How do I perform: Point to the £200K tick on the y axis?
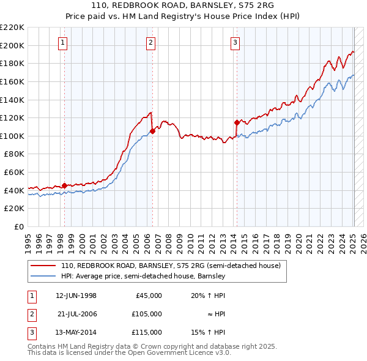click(x=12, y=45)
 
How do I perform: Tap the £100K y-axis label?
click(x=12, y=136)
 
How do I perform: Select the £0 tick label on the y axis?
click(x=18, y=226)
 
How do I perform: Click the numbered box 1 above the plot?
click(x=64, y=42)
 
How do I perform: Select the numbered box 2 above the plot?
click(x=150, y=42)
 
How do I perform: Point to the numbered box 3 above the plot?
click(x=235, y=42)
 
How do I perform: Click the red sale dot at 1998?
click(x=64, y=185)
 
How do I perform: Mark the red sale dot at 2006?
click(x=152, y=131)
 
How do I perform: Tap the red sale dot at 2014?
click(x=236, y=122)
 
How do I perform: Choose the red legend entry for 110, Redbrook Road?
click(x=170, y=266)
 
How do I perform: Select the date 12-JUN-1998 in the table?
click(x=76, y=296)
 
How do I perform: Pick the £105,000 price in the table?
click(x=147, y=314)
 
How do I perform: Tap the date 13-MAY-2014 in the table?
click(x=76, y=332)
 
